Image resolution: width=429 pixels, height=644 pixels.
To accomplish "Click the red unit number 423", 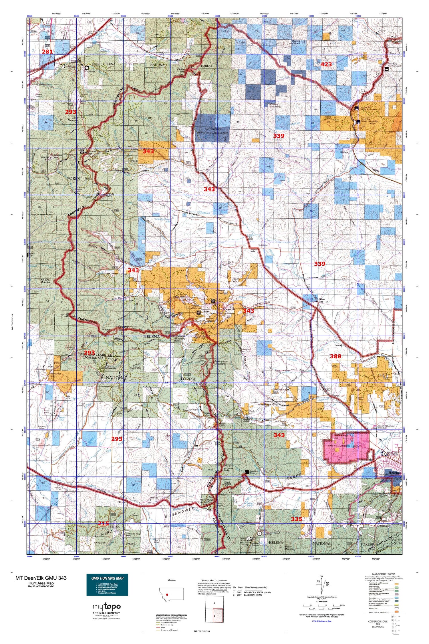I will pos(326,64).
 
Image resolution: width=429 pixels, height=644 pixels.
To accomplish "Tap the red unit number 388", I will pos(335,356).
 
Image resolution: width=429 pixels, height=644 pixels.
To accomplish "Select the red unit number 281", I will pos(47,52).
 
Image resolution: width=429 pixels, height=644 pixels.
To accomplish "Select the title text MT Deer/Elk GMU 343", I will pos(41,578).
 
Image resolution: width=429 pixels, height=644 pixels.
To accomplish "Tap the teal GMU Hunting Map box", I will pos(107,585).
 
